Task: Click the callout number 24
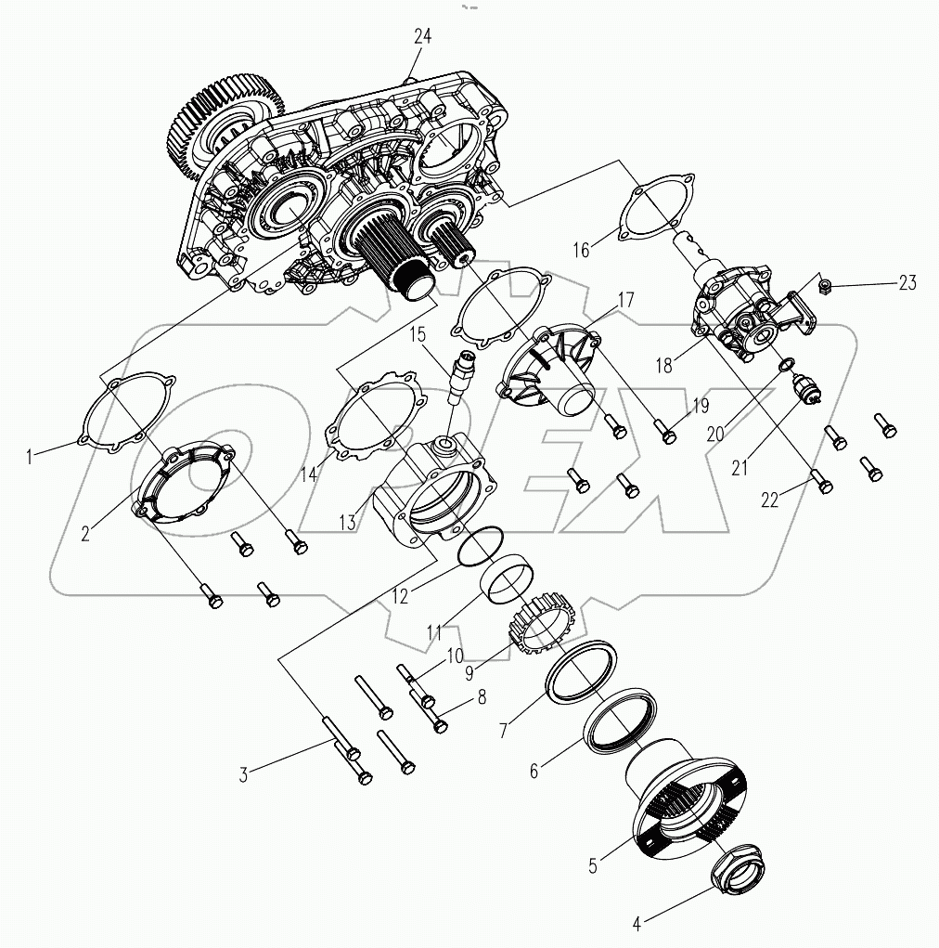423,37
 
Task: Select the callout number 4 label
637,924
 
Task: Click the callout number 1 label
30,456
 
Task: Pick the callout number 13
347,522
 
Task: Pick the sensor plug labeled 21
804,388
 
